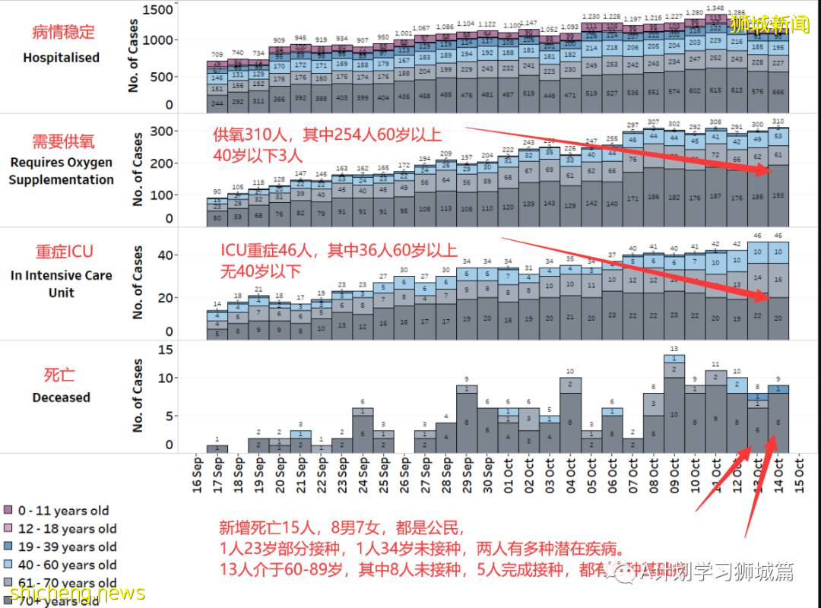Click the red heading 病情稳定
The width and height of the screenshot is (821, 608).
64,32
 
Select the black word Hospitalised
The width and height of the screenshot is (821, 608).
61,57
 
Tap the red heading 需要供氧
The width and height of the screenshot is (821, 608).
64,141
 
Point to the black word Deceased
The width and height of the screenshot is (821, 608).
61,397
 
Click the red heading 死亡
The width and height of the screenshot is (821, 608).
59,375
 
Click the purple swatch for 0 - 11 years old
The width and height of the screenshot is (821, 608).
8,511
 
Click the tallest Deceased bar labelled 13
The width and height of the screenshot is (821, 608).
674,404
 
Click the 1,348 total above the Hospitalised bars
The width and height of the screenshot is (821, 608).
715,8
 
